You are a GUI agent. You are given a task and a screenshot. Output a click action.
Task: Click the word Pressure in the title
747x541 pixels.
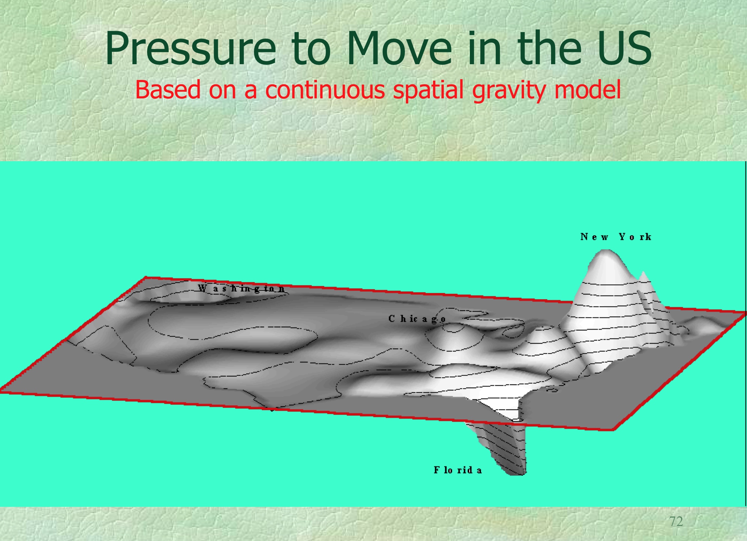pyautogui.click(x=191, y=48)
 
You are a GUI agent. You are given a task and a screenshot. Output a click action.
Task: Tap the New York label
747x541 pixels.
pyautogui.click(x=616, y=237)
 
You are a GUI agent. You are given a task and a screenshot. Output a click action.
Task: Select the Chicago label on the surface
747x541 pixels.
pyautogui.click(x=417, y=319)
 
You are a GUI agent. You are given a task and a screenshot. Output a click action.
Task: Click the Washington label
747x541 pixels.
pyautogui.click(x=241, y=288)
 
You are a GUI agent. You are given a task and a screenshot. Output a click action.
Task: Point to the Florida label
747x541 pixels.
pyautogui.click(x=458, y=470)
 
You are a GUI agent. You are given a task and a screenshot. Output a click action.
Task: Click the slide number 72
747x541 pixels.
pyautogui.click(x=676, y=522)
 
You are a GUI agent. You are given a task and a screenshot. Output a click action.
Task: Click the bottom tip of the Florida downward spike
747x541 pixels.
pyautogui.click(x=517, y=474)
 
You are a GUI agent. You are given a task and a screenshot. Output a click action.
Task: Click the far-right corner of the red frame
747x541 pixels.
pyautogui.click(x=745, y=312)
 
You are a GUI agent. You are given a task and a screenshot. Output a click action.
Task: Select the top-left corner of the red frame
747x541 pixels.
pyautogui.click(x=146, y=277)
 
